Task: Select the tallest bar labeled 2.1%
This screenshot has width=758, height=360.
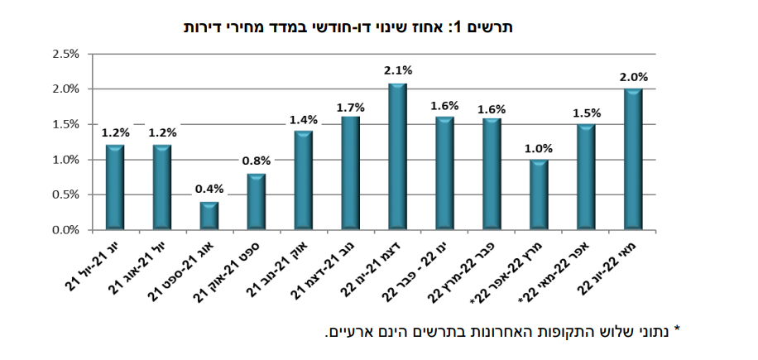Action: coord(397,157)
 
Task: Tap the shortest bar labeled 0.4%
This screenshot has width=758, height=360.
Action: coord(209,216)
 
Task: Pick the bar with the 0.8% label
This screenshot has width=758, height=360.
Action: coord(256,202)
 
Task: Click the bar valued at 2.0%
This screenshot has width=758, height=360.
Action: coord(633,160)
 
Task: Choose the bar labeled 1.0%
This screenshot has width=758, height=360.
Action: coord(539,195)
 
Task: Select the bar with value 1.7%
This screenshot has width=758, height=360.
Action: coord(350,174)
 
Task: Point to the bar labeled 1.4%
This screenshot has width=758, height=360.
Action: coord(303,180)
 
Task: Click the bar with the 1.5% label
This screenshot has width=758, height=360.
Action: coord(586,177)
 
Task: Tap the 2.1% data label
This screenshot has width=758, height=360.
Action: coord(398,71)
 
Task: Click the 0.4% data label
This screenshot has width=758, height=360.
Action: coord(209,189)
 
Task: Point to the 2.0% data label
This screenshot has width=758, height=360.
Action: coord(634,77)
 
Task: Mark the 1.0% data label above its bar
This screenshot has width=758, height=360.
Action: coord(539,148)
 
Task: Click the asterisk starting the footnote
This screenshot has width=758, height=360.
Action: coord(677,330)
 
